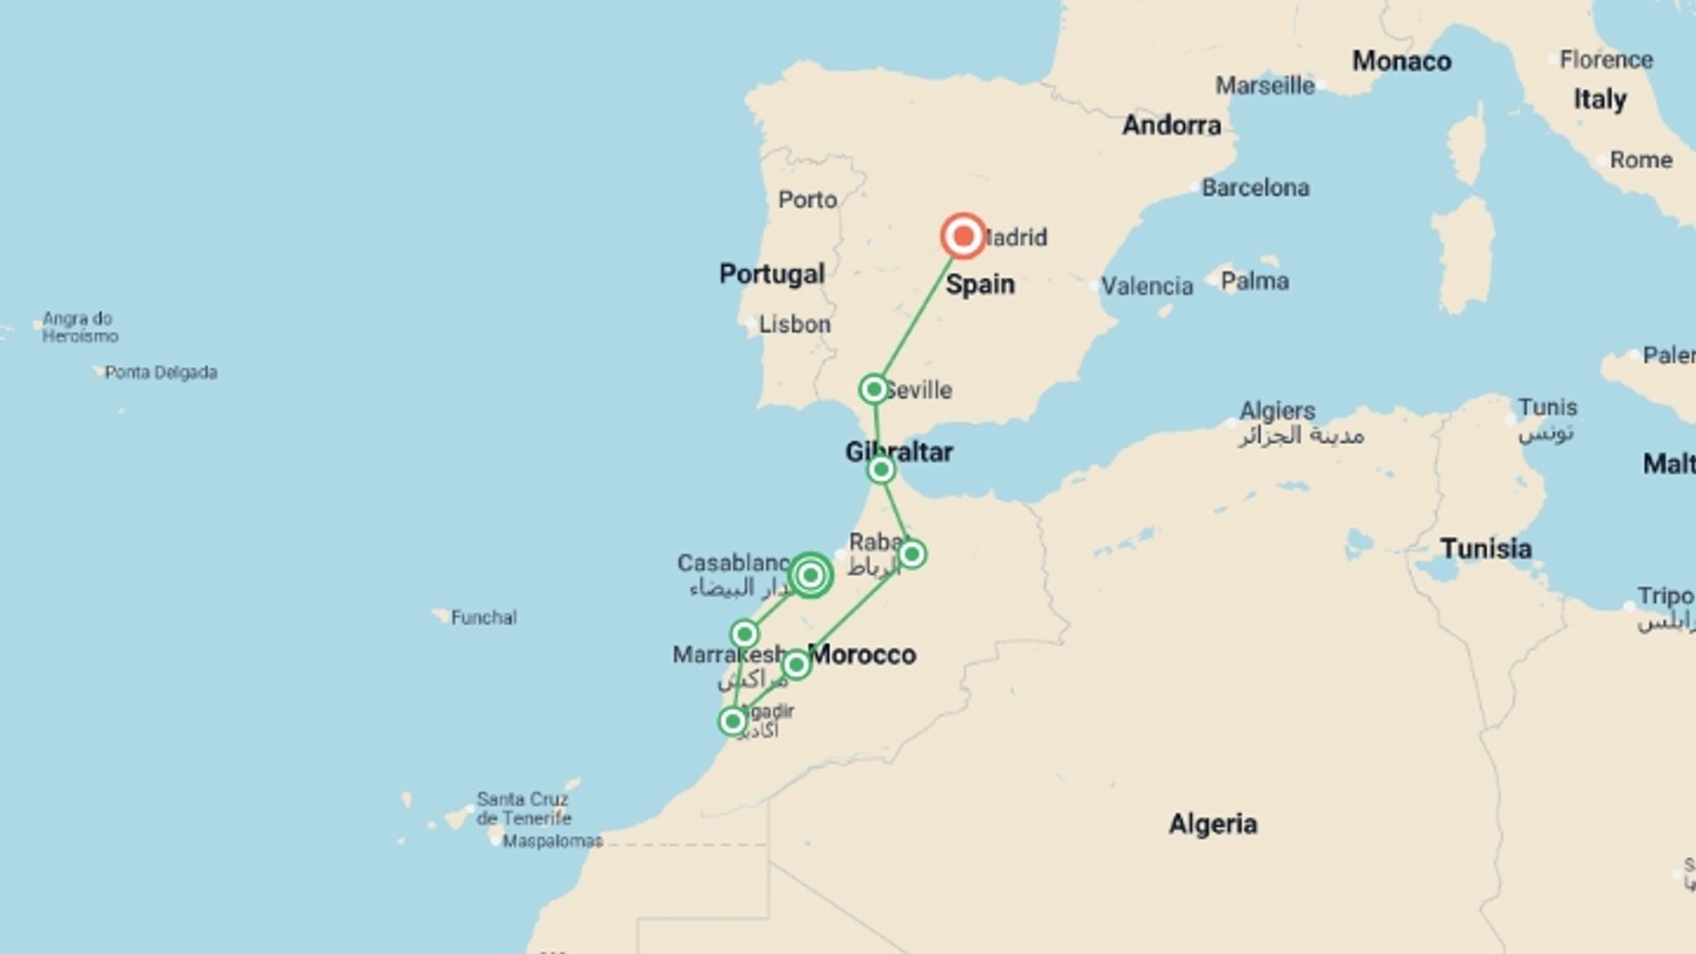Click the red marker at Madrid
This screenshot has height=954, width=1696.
(x=963, y=237)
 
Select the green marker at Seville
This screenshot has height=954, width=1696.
(x=874, y=390)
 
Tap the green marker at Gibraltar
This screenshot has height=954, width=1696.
(x=881, y=470)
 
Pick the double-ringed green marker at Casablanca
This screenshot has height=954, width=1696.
(x=810, y=576)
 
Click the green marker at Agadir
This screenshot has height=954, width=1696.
(x=732, y=722)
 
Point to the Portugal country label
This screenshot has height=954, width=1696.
(x=771, y=274)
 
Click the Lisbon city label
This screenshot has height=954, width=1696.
(x=794, y=324)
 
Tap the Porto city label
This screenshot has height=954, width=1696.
(x=807, y=200)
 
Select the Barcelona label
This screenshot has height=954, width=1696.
(x=1255, y=187)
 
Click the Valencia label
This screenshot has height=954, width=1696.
(x=1147, y=286)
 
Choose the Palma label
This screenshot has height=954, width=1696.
(x=1254, y=281)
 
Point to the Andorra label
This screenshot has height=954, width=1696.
(x=1171, y=125)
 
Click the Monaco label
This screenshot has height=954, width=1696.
(x=1401, y=61)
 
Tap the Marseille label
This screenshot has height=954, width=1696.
(x=1264, y=86)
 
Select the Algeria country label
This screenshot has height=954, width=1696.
(x=1213, y=824)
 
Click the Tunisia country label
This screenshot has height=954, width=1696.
(x=1486, y=549)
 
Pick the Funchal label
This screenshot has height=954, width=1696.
(x=483, y=617)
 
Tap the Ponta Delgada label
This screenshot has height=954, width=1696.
(x=161, y=373)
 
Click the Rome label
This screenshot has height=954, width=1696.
(x=1640, y=160)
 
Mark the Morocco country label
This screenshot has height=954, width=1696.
(x=862, y=655)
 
